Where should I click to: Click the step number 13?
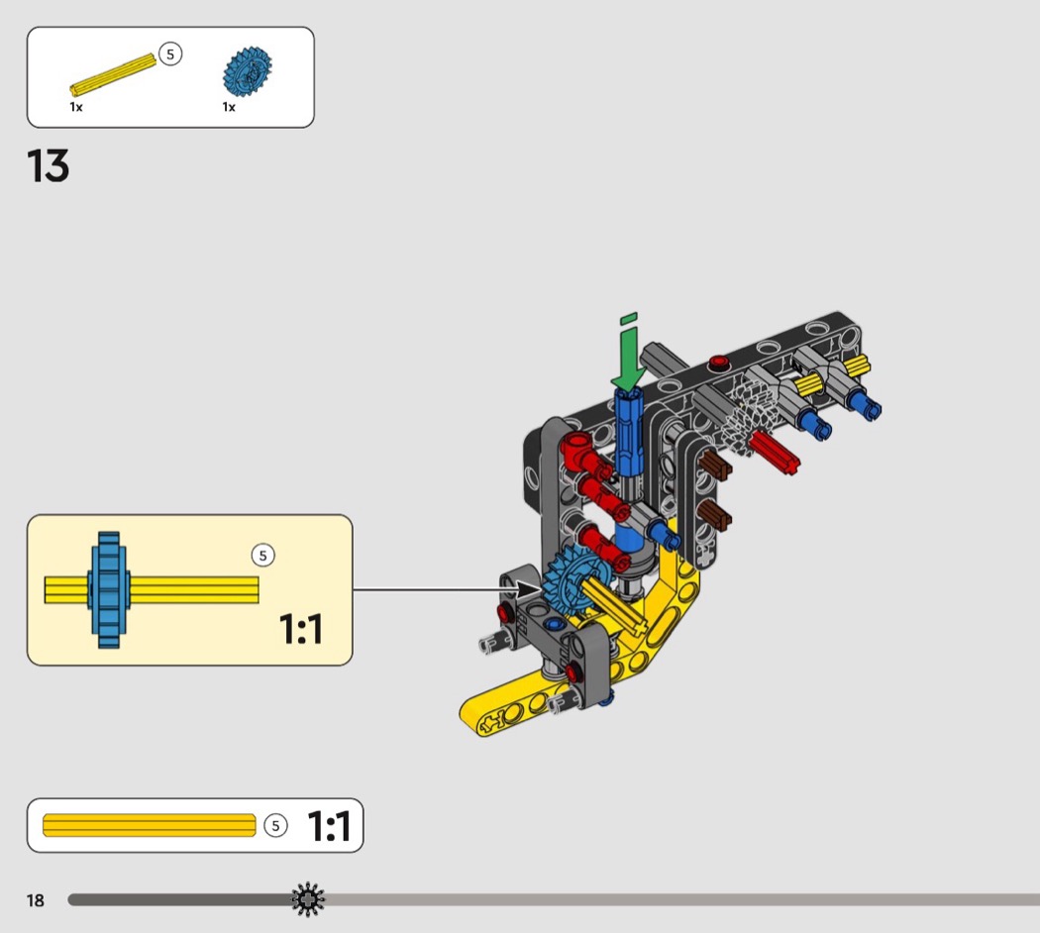[x=49, y=165]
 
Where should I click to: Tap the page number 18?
[x=36, y=900]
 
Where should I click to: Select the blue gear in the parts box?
[x=247, y=71]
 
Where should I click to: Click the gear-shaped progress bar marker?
[x=308, y=899]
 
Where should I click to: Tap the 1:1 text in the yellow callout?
[x=301, y=629]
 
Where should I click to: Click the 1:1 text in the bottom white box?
[x=329, y=826]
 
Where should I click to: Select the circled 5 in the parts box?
[x=170, y=54]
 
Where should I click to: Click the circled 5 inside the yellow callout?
[x=262, y=556]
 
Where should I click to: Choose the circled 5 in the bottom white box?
[x=276, y=825]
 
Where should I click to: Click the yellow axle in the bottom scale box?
[x=150, y=825]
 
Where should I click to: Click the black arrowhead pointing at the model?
[x=530, y=590]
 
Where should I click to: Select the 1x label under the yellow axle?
[x=76, y=107]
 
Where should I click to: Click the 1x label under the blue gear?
[x=229, y=107]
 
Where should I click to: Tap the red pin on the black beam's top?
[x=720, y=362]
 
